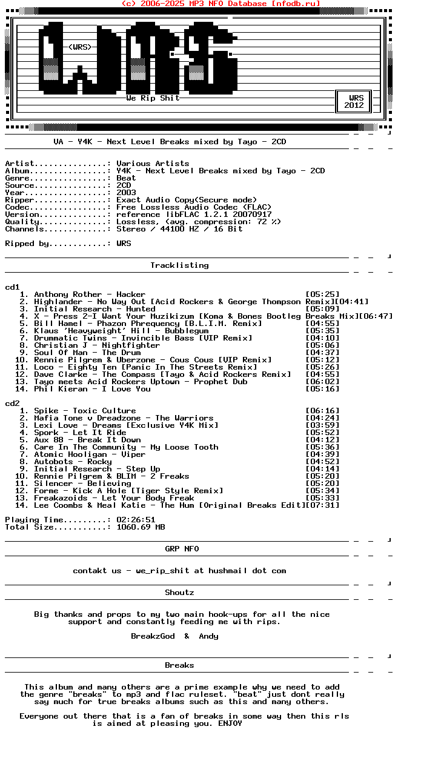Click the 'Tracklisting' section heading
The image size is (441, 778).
click(x=179, y=265)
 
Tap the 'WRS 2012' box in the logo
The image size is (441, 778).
click(x=354, y=101)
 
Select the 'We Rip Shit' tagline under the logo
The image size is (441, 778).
click(x=153, y=98)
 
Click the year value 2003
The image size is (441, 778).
click(x=126, y=193)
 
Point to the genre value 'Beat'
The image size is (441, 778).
click(x=126, y=178)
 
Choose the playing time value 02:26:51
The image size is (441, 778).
click(x=136, y=520)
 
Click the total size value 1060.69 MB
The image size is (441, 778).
click(x=141, y=527)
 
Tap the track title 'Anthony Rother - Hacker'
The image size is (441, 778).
click(x=90, y=294)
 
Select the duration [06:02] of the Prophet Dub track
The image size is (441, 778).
click(x=322, y=382)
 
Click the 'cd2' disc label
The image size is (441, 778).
click(x=12, y=404)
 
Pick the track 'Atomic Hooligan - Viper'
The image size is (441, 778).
click(x=90, y=454)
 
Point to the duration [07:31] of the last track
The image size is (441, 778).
click(x=322, y=505)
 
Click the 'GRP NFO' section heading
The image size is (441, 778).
click(x=182, y=549)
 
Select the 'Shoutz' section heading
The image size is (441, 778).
click(x=179, y=593)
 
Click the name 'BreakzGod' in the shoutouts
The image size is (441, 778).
click(x=153, y=636)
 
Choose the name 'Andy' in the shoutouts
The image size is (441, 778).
click(x=208, y=636)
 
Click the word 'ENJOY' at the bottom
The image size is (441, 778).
click(x=230, y=723)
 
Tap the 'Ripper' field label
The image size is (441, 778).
click(x=19, y=200)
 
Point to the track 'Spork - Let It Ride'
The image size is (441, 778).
click(x=80, y=433)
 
